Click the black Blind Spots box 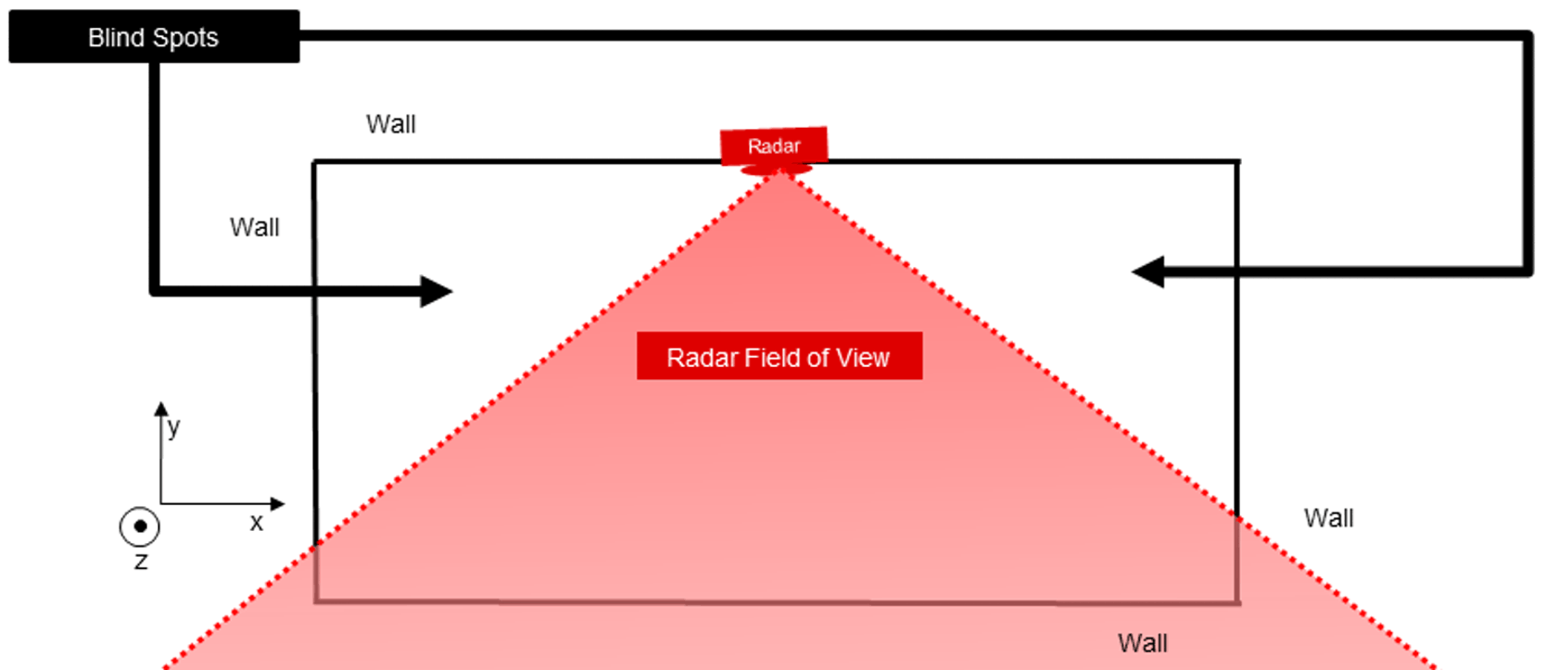pos(154,37)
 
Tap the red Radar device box pos(774,145)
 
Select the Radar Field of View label pos(779,357)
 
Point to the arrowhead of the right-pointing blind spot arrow pos(437,291)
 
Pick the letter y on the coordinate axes pos(173,427)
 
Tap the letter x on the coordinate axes pos(257,524)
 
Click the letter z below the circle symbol pos(141,562)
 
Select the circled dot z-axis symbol pos(140,526)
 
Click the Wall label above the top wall pos(390,124)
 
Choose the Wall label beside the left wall pos(254,227)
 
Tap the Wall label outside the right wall pos(1328,518)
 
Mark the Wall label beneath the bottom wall pos(1142,643)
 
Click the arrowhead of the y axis pos(161,408)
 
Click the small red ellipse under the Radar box pos(777,170)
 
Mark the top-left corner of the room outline pos(314,163)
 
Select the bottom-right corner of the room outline pos(1238,603)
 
